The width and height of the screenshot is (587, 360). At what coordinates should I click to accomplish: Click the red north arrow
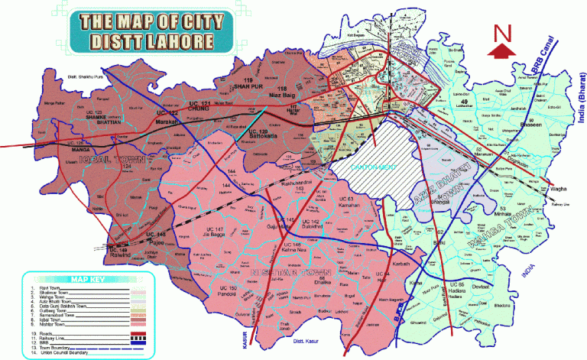point(502,50)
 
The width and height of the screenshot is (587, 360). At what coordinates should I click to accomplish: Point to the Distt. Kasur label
point(302,352)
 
